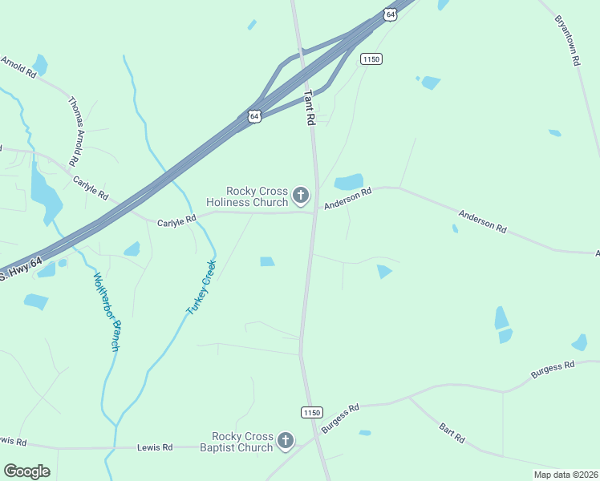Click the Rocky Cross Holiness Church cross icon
[x=301, y=196]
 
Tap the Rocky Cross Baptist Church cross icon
[x=285, y=440]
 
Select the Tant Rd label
[x=310, y=107]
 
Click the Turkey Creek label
[x=201, y=286]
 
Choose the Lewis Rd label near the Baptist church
[x=155, y=447]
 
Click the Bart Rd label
[x=452, y=434]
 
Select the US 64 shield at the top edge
[x=390, y=14]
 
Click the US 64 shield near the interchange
[x=254, y=116]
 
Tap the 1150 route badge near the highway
[x=371, y=59]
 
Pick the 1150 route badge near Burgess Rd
[x=312, y=412]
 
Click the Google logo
[x=26, y=471]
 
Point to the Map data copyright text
[x=566, y=475]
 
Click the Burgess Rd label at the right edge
[x=553, y=370]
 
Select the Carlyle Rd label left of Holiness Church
[x=176, y=220]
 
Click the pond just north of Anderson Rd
[x=348, y=182]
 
